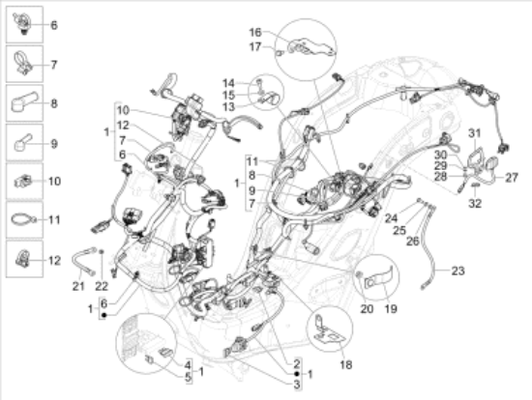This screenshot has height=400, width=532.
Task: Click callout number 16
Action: tap(255, 32)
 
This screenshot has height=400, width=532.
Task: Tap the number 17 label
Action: tap(255, 46)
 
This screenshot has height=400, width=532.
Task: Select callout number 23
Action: tap(458, 271)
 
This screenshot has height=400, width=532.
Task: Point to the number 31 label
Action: tap(475, 133)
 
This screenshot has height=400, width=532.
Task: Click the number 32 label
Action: tap(475, 204)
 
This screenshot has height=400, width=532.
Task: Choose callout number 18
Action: tap(345, 365)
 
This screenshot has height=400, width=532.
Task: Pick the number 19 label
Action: tap(391, 308)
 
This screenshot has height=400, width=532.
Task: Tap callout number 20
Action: tap(367, 308)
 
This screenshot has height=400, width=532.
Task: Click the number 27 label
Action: tap(512, 177)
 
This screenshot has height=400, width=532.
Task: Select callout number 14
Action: tap(228, 83)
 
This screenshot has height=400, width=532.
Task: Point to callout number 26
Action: tap(413, 241)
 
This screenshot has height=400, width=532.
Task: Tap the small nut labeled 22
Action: tap(102, 251)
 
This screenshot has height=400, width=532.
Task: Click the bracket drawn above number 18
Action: tap(327, 329)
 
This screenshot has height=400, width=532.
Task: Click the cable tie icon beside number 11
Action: tap(23, 218)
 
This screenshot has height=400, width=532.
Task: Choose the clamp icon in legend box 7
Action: tap(23, 64)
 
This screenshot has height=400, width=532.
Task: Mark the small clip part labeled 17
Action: tap(279, 52)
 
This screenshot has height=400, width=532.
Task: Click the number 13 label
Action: tap(228, 107)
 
